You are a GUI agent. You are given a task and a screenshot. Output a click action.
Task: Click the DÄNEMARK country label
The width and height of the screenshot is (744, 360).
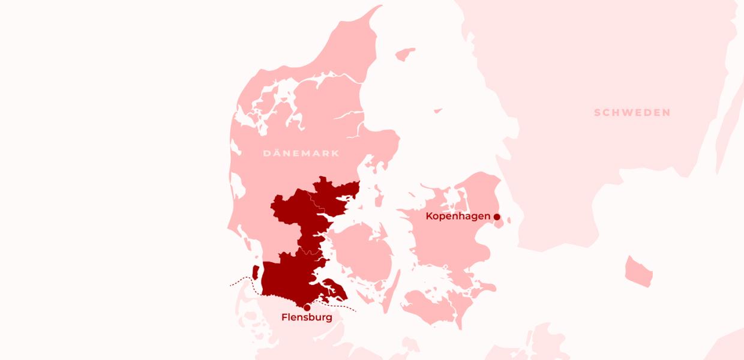[x=301, y=153]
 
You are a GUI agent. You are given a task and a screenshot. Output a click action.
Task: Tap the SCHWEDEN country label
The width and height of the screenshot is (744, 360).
[x=632, y=113]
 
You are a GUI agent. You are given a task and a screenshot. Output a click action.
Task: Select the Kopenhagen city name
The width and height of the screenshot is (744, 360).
[x=458, y=216]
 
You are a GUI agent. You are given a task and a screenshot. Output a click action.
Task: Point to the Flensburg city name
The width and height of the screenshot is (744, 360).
[x=307, y=317]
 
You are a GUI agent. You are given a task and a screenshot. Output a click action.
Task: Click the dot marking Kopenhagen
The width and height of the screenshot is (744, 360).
[x=497, y=217]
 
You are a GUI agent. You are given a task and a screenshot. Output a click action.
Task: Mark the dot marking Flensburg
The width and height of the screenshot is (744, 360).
[x=307, y=307]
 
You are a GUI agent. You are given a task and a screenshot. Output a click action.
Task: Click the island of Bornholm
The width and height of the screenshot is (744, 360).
[x=638, y=271]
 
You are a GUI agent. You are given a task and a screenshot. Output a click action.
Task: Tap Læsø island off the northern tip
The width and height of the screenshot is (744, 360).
[x=406, y=54]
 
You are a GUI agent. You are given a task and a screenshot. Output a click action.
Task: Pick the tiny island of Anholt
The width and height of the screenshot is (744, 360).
[x=438, y=110]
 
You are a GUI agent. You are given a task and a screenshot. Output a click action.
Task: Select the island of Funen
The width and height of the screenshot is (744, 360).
[x=364, y=252]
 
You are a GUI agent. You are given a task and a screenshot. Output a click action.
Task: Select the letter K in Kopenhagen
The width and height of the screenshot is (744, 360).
[x=430, y=216]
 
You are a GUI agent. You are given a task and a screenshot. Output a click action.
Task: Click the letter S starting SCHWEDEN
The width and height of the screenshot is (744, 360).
[x=598, y=113]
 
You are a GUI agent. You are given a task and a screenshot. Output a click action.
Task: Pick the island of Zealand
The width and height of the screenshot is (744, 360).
[x=456, y=240]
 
